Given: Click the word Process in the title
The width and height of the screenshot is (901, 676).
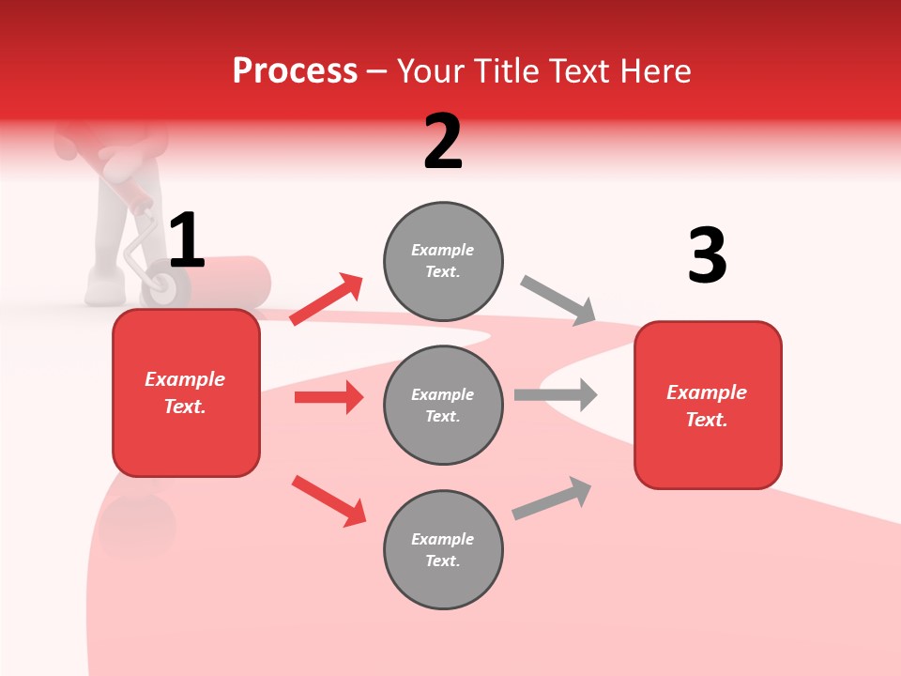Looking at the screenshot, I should point(295,71).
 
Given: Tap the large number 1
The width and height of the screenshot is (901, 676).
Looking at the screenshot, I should point(187,240).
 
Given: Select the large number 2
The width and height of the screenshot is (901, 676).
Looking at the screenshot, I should point(443,142).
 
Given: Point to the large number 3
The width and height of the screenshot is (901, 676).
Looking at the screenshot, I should point(707,256).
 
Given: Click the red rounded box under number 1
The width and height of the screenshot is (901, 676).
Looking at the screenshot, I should point(186,392).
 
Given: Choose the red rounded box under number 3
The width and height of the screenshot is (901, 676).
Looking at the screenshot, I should point(708,405).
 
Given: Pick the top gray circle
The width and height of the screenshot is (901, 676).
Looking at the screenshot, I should point(443,261).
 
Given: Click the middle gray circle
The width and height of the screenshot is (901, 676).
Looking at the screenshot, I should point(443,405).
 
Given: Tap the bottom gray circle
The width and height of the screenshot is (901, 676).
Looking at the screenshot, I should point(443,549).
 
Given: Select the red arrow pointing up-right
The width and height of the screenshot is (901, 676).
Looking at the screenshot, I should point(327,300).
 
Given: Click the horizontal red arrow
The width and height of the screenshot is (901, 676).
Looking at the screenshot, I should point(328,397).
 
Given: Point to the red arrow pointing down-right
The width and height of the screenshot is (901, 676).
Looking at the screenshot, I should point(328,500).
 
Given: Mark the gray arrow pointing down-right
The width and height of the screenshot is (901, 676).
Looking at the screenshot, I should point(558,300).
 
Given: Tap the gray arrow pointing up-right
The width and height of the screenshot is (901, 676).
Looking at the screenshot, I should point(552,498).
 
